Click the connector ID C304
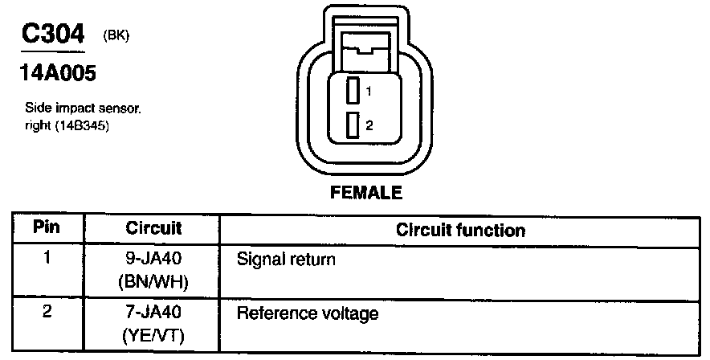coord(52,35)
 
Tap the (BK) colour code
coord(116,35)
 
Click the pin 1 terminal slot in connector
coord(352,90)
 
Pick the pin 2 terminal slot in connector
coord(352,125)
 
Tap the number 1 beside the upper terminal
coord(369,92)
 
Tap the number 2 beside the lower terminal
coord(369,125)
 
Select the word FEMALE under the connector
coord(365,193)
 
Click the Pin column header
coord(47,228)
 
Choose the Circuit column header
coord(153,229)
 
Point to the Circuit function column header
coord(460,231)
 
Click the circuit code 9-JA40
coord(153,260)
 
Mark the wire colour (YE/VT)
coord(153,335)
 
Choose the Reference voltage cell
coord(307,313)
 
